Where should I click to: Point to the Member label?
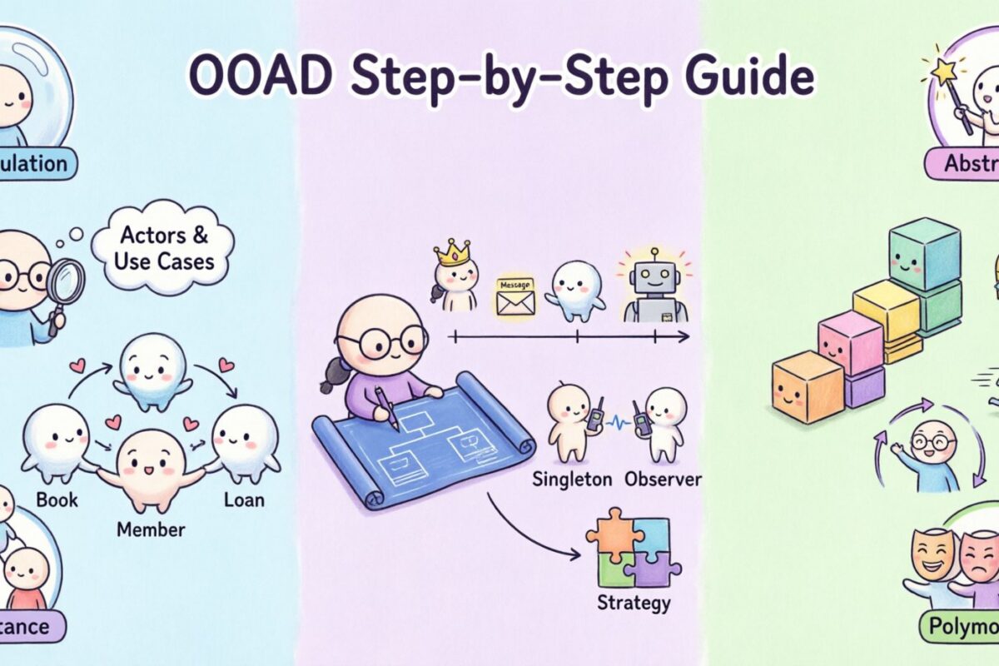(151, 528)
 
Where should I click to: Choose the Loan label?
(243, 499)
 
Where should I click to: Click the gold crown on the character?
(453, 251)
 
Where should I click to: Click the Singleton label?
(571, 480)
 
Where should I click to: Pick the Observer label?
(662, 480)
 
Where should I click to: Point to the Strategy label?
(634, 601)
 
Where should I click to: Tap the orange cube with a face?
(807, 385)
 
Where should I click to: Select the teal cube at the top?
(924, 260)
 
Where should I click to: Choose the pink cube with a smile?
(850, 341)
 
